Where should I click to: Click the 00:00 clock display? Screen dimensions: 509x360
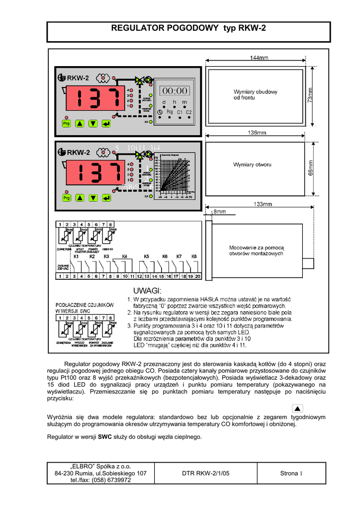pos(174,90)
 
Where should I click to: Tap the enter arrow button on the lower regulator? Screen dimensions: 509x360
pos(106,198)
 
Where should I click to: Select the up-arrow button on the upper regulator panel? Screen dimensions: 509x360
pos(80,123)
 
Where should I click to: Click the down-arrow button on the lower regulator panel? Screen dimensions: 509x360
pos(93,198)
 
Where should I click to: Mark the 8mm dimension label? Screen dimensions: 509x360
pos(219,212)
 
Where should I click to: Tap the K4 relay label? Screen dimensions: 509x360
pos(124,256)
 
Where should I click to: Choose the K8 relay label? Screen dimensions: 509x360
pos(194,256)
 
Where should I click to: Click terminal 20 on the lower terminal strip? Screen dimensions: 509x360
pos(198,276)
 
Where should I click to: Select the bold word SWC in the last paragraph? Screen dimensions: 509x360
pos(104,437)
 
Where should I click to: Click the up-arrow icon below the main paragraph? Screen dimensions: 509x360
pos(297,409)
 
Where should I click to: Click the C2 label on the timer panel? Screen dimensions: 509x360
pos(189,112)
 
